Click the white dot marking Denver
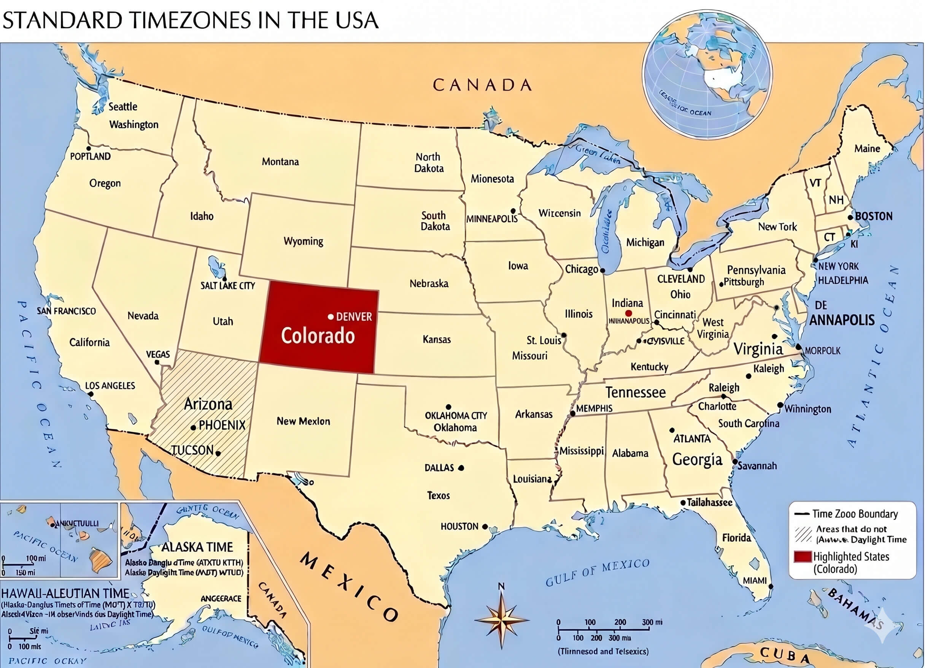331,317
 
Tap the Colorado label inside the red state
318,336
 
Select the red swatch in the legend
802,556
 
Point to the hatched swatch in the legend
803,534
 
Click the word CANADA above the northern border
482,85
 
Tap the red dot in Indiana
628,313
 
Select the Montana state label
280,162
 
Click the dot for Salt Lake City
224,279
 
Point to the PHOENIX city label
222,425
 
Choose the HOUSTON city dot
485,527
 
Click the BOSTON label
874,216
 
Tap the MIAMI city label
755,580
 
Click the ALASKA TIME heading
197,547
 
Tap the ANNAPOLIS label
842,320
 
